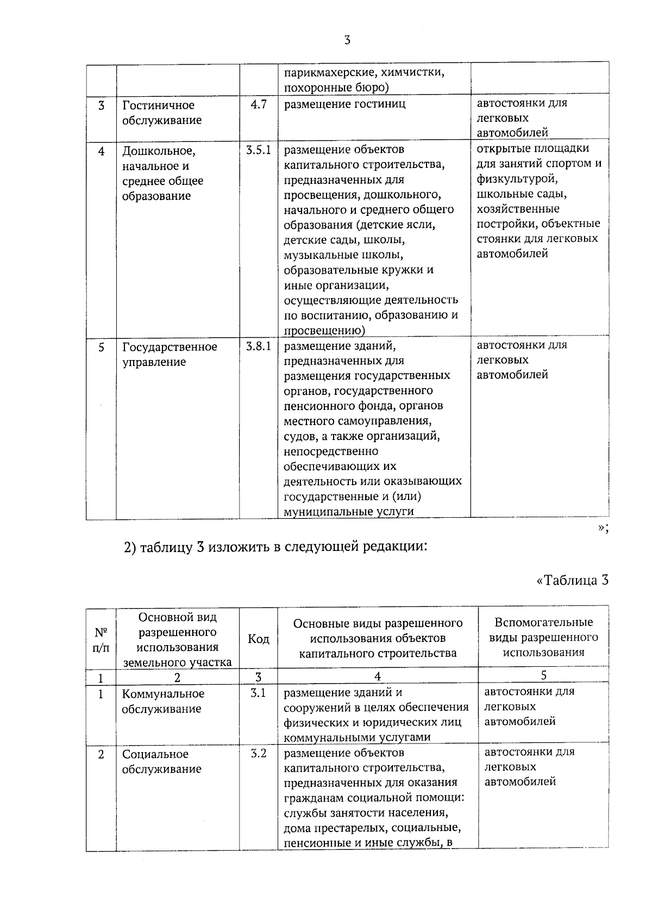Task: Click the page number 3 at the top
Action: point(347,40)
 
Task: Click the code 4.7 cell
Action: point(259,104)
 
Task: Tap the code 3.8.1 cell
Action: point(259,346)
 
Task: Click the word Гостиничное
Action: point(158,106)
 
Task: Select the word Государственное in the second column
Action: point(170,347)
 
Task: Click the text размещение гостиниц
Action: point(344,104)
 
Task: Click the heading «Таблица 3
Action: point(572,580)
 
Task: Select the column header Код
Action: point(259,639)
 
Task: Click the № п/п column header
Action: point(101,640)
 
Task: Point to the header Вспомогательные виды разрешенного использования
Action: point(543,637)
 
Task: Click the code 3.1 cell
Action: point(259,693)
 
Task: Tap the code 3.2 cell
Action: point(259,754)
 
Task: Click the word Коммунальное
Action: point(163,694)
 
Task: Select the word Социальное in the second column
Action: point(155,754)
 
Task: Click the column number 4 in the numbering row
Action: point(378,676)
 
